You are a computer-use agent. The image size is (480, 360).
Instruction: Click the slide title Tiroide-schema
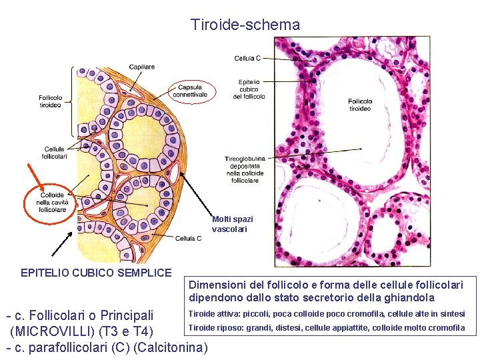tap(245, 25)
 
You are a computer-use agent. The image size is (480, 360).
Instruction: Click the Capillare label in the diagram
tap(142, 67)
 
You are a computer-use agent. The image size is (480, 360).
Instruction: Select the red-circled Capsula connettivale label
tap(193, 91)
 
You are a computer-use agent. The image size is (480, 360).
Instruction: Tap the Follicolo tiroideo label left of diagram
tap(51, 101)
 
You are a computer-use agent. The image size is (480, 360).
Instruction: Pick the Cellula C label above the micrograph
tap(247, 59)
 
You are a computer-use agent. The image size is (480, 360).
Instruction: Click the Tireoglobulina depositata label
tap(245, 169)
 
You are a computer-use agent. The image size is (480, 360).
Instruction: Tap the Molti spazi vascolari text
tap(232, 224)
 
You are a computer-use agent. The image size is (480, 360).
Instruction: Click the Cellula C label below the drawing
tap(189, 238)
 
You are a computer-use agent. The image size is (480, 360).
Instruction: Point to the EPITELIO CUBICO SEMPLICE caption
tap(96, 273)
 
